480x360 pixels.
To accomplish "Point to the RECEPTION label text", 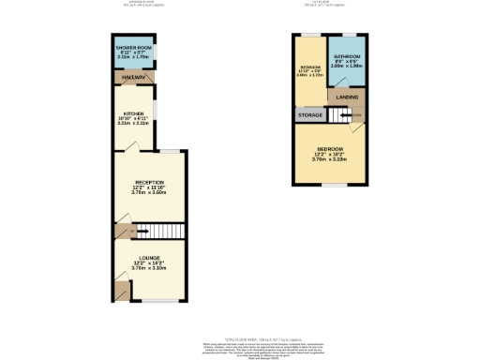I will coord(149,182).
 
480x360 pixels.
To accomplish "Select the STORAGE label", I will coord(310,115).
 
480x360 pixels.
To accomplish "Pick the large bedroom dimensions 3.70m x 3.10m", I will coord(330,159).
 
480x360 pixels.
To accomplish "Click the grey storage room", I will coord(310,115).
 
